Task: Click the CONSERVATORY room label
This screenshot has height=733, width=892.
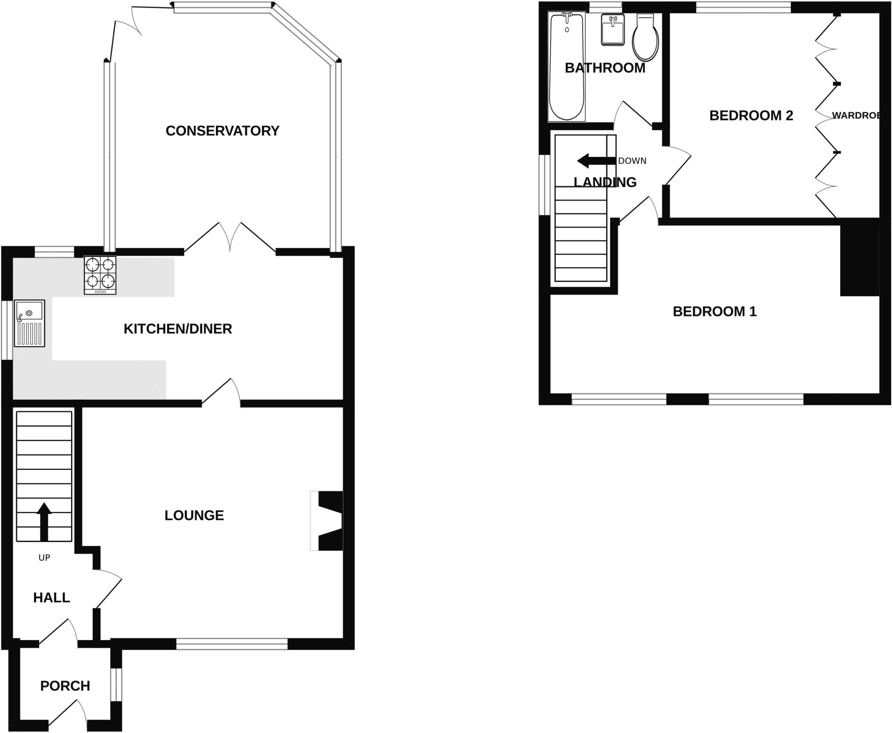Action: coord(222,131)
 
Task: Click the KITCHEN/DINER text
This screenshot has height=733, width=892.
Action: coord(178,329)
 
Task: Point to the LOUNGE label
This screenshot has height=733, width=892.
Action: coord(194,516)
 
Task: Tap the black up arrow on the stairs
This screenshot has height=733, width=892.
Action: coord(44,521)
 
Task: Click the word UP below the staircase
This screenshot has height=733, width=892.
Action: coord(44,557)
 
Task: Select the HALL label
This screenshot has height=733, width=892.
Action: coord(51,597)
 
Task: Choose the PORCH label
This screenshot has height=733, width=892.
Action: coord(65,686)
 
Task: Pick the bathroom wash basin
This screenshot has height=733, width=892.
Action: coord(613,29)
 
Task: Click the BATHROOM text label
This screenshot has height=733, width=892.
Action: coord(605,68)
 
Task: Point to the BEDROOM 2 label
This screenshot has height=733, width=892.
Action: coord(751,115)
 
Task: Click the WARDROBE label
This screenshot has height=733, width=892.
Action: coord(856,115)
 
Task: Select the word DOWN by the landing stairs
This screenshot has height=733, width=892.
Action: coord(632,161)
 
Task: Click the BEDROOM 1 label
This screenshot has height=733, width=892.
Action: coord(715,312)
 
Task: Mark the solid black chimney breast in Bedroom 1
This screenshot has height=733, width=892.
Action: coord(859,260)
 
